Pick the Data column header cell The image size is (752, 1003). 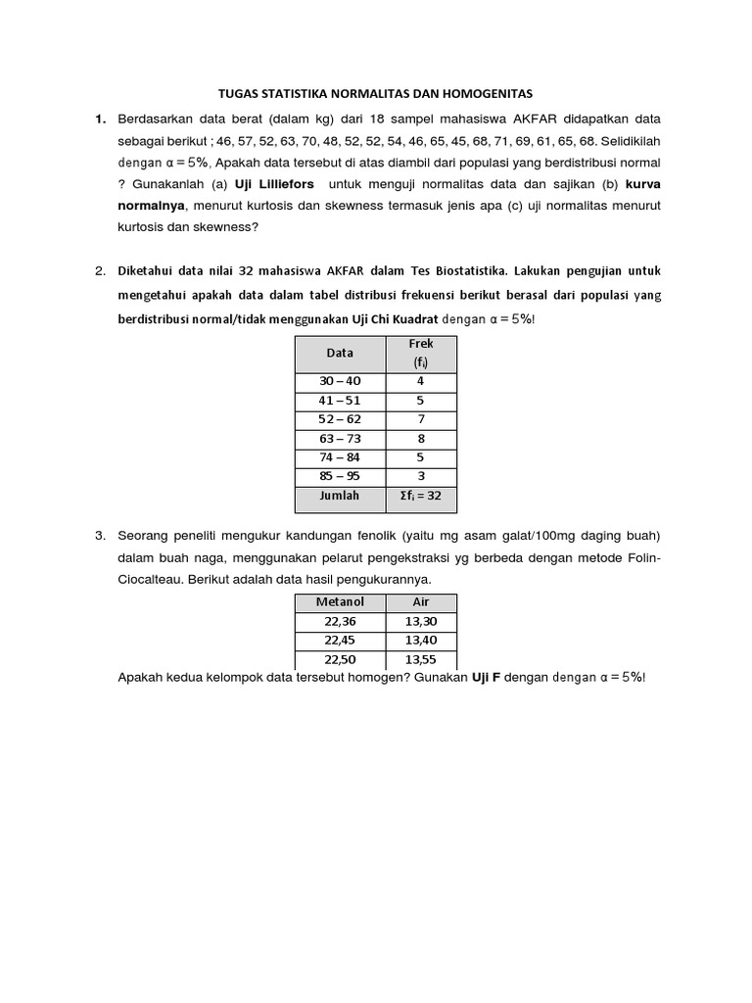point(341,353)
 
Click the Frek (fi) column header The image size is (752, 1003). point(420,353)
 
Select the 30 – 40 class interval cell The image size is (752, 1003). point(341,382)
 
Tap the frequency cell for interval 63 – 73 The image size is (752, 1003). point(420,439)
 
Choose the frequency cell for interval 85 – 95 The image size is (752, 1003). point(420,477)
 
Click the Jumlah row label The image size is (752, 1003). point(341,497)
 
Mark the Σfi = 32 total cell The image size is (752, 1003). point(420,497)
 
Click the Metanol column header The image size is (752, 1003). point(341,601)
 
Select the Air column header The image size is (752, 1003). point(421,601)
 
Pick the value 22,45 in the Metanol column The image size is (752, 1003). point(341,640)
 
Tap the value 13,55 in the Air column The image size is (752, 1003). point(421,659)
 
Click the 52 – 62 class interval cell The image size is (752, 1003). point(341,420)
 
